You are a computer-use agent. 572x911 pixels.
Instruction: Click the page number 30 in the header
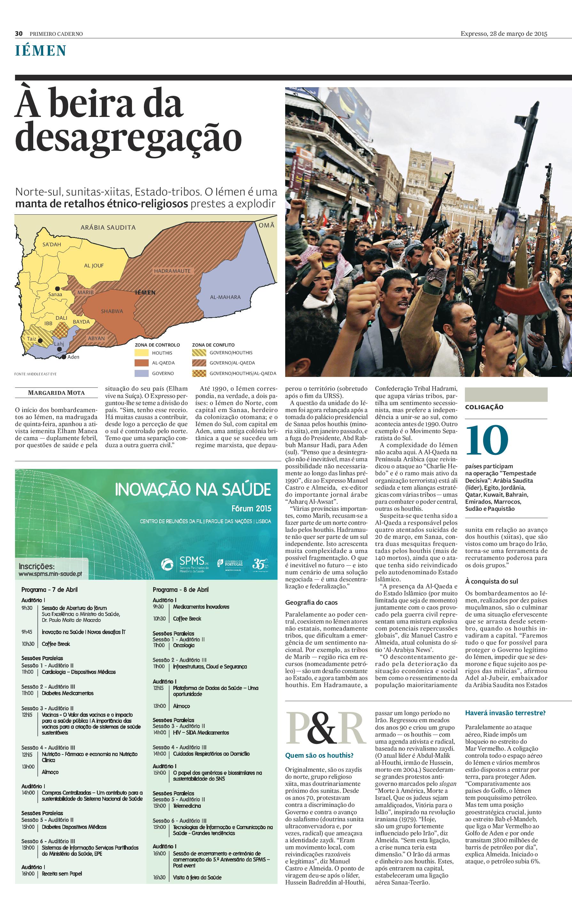tap(19, 34)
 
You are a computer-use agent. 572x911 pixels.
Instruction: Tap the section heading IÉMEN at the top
tap(41, 51)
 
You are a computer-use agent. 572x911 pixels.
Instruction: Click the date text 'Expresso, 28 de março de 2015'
tap(504, 34)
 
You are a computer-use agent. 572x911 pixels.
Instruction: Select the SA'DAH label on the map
tap(51, 244)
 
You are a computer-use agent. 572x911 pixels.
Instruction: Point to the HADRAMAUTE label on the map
tap(172, 271)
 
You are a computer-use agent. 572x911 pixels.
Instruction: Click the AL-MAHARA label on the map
tap(225, 297)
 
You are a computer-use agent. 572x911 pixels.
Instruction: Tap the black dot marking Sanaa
tap(57, 288)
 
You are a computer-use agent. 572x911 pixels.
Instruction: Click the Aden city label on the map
tap(73, 357)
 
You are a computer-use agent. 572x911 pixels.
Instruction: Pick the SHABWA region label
tap(112, 311)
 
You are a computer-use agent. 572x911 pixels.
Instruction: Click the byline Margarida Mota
tap(56, 393)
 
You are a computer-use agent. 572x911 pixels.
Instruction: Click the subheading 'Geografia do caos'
tap(311, 602)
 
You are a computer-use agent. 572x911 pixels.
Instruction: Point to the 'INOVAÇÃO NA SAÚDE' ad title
tap(193, 489)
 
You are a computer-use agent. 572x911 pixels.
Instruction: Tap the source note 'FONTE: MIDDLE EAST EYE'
tap(35, 374)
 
